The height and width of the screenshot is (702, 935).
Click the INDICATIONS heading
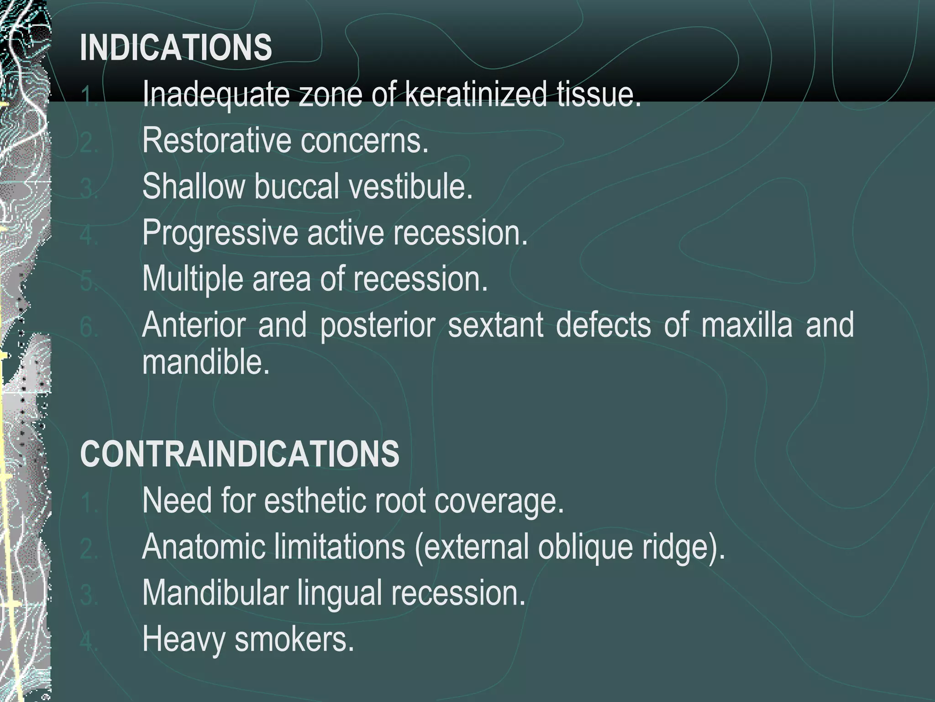click(x=176, y=48)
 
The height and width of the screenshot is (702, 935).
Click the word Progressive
click(x=220, y=233)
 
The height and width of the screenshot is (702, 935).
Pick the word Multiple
click(x=192, y=279)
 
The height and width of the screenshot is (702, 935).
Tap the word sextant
click(x=495, y=325)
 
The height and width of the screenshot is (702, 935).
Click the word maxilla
click(x=746, y=325)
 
